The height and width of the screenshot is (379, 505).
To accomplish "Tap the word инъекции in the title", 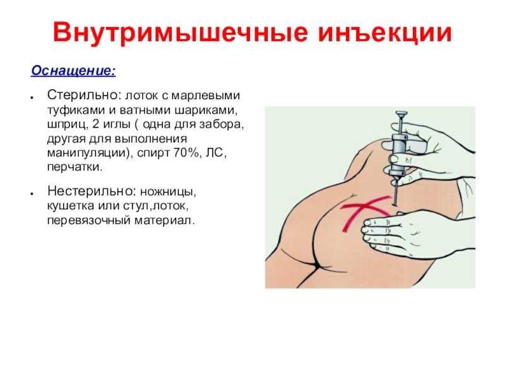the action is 385,33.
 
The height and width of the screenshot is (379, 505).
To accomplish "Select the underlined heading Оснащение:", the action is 73,71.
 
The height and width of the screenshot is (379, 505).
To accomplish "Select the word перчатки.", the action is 74,167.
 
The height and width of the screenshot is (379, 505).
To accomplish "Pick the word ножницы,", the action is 168,192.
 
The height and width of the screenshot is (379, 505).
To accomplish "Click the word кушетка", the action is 71,206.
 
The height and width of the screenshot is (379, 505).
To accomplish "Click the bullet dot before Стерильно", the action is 32,97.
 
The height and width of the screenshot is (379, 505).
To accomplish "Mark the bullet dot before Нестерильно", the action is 32,193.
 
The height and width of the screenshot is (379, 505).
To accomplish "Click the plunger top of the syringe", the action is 401,114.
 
